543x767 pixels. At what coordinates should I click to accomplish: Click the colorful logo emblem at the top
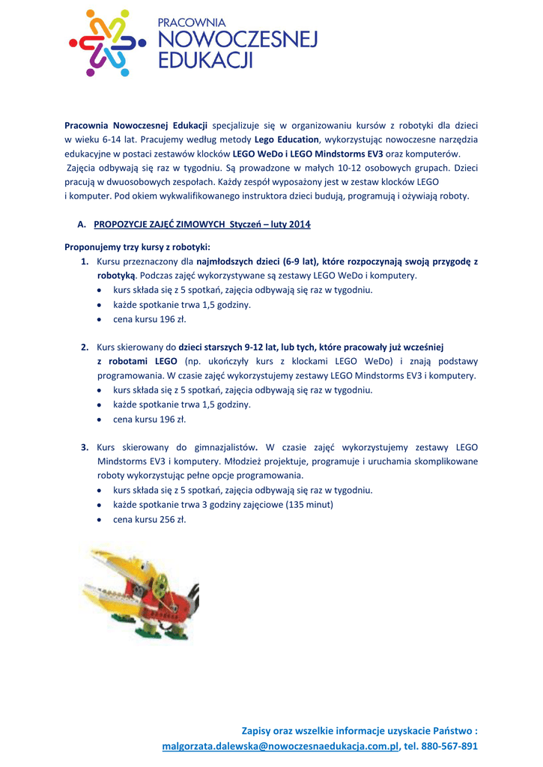click(105, 43)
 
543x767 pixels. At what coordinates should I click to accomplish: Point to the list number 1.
click(85, 261)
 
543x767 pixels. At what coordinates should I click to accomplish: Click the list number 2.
click(85, 348)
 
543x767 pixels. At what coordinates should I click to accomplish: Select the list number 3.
click(85, 447)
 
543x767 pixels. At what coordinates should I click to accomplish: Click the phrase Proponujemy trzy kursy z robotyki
click(137, 246)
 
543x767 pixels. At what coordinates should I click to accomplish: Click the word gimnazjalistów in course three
click(225, 447)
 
